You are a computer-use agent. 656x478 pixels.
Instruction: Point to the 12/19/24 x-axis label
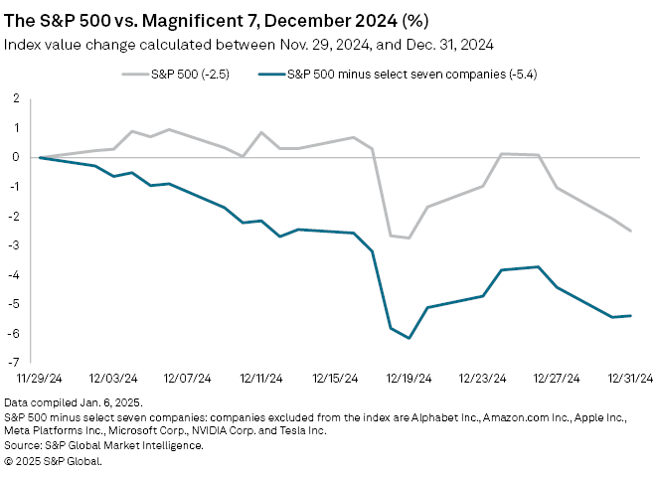click(x=408, y=379)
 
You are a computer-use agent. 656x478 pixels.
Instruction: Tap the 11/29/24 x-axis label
click(x=37, y=379)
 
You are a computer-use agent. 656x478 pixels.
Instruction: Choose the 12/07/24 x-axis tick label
click(x=186, y=379)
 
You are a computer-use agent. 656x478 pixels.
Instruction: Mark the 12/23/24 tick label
click(x=482, y=379)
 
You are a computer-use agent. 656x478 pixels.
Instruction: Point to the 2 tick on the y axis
click(x=16, y=98)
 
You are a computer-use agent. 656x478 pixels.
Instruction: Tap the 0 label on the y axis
click(x=16, y=157)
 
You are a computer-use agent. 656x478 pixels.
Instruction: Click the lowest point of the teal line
click(x=409, y=338)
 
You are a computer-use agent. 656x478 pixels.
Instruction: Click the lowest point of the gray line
click(x=409, y=238)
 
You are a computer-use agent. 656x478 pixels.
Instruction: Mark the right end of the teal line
click(x=631, y=316)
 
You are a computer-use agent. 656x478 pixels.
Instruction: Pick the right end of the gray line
click(x=631, y=231)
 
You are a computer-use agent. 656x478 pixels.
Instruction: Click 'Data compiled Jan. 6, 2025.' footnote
click(x=74, y=401)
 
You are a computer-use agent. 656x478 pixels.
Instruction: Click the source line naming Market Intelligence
click(x=103, y=445)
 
